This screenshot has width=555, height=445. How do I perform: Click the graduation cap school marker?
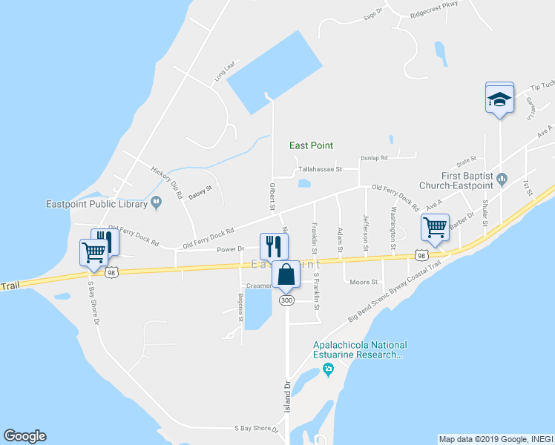(500, 98)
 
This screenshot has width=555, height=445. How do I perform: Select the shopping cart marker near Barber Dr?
(435, 227)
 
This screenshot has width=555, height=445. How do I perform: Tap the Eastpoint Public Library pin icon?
(157, 200)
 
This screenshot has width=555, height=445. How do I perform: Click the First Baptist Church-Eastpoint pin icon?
(502, 177)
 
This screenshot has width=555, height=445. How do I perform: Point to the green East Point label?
(311, 145)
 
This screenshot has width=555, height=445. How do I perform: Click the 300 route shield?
(287, 300)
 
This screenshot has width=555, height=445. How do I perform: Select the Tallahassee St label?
(319, 169)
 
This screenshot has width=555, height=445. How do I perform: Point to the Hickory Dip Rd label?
(167, 182)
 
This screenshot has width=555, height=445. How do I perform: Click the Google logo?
(24, 436)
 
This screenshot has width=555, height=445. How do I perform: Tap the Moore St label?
(364, 282)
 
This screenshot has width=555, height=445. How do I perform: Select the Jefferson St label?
(366, 232)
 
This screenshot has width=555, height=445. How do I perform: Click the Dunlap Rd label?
(374, 158)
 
